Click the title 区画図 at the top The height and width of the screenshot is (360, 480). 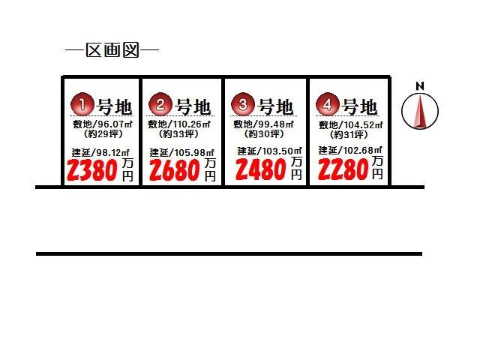[x=112, y=50]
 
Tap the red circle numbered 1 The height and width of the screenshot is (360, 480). [x=82, y=104]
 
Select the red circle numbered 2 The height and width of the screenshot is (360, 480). [x=160, y=104]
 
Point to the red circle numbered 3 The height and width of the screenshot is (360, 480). [x=243, y=104]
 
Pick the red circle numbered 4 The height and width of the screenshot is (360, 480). [x=328, y=104]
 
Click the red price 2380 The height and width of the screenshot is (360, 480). [x=92, y=170]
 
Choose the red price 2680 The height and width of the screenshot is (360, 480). [x=175, y=170]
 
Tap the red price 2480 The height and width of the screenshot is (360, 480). [x=261, y=170]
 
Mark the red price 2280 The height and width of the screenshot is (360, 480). [x=343, y=170]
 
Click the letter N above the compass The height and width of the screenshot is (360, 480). [x=420, y=86]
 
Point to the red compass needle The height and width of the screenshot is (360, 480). [x=420, y=111]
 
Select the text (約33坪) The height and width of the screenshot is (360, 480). [x=179, y=133]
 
